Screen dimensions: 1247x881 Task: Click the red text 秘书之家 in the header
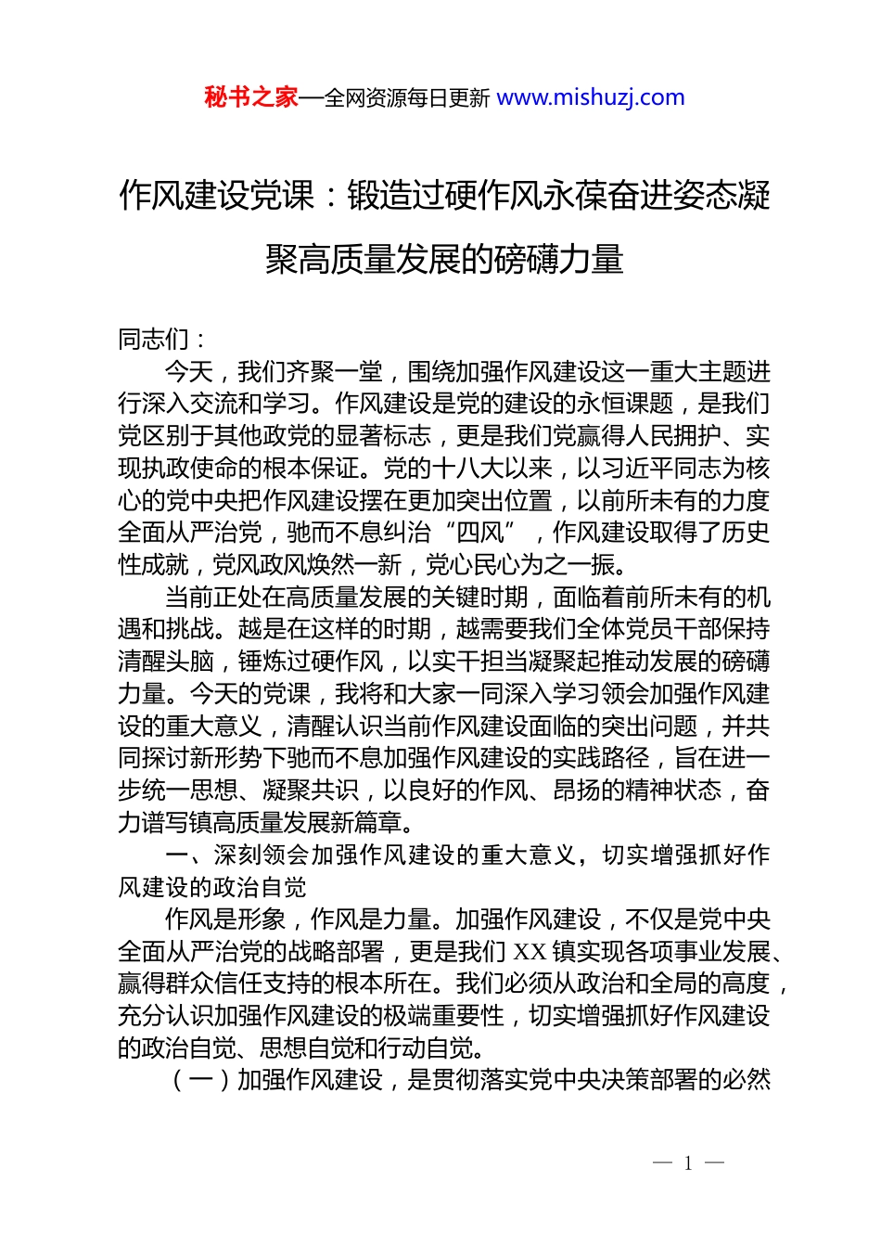pos(251,97)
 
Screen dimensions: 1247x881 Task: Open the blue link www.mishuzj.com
pos(591,97)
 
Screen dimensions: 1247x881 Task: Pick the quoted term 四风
pos(479,533)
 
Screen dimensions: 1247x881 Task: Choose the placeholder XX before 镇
pos(529,952)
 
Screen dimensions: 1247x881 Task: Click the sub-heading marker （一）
pos(201,1080)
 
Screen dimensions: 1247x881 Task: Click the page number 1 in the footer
pos(688,1163)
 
